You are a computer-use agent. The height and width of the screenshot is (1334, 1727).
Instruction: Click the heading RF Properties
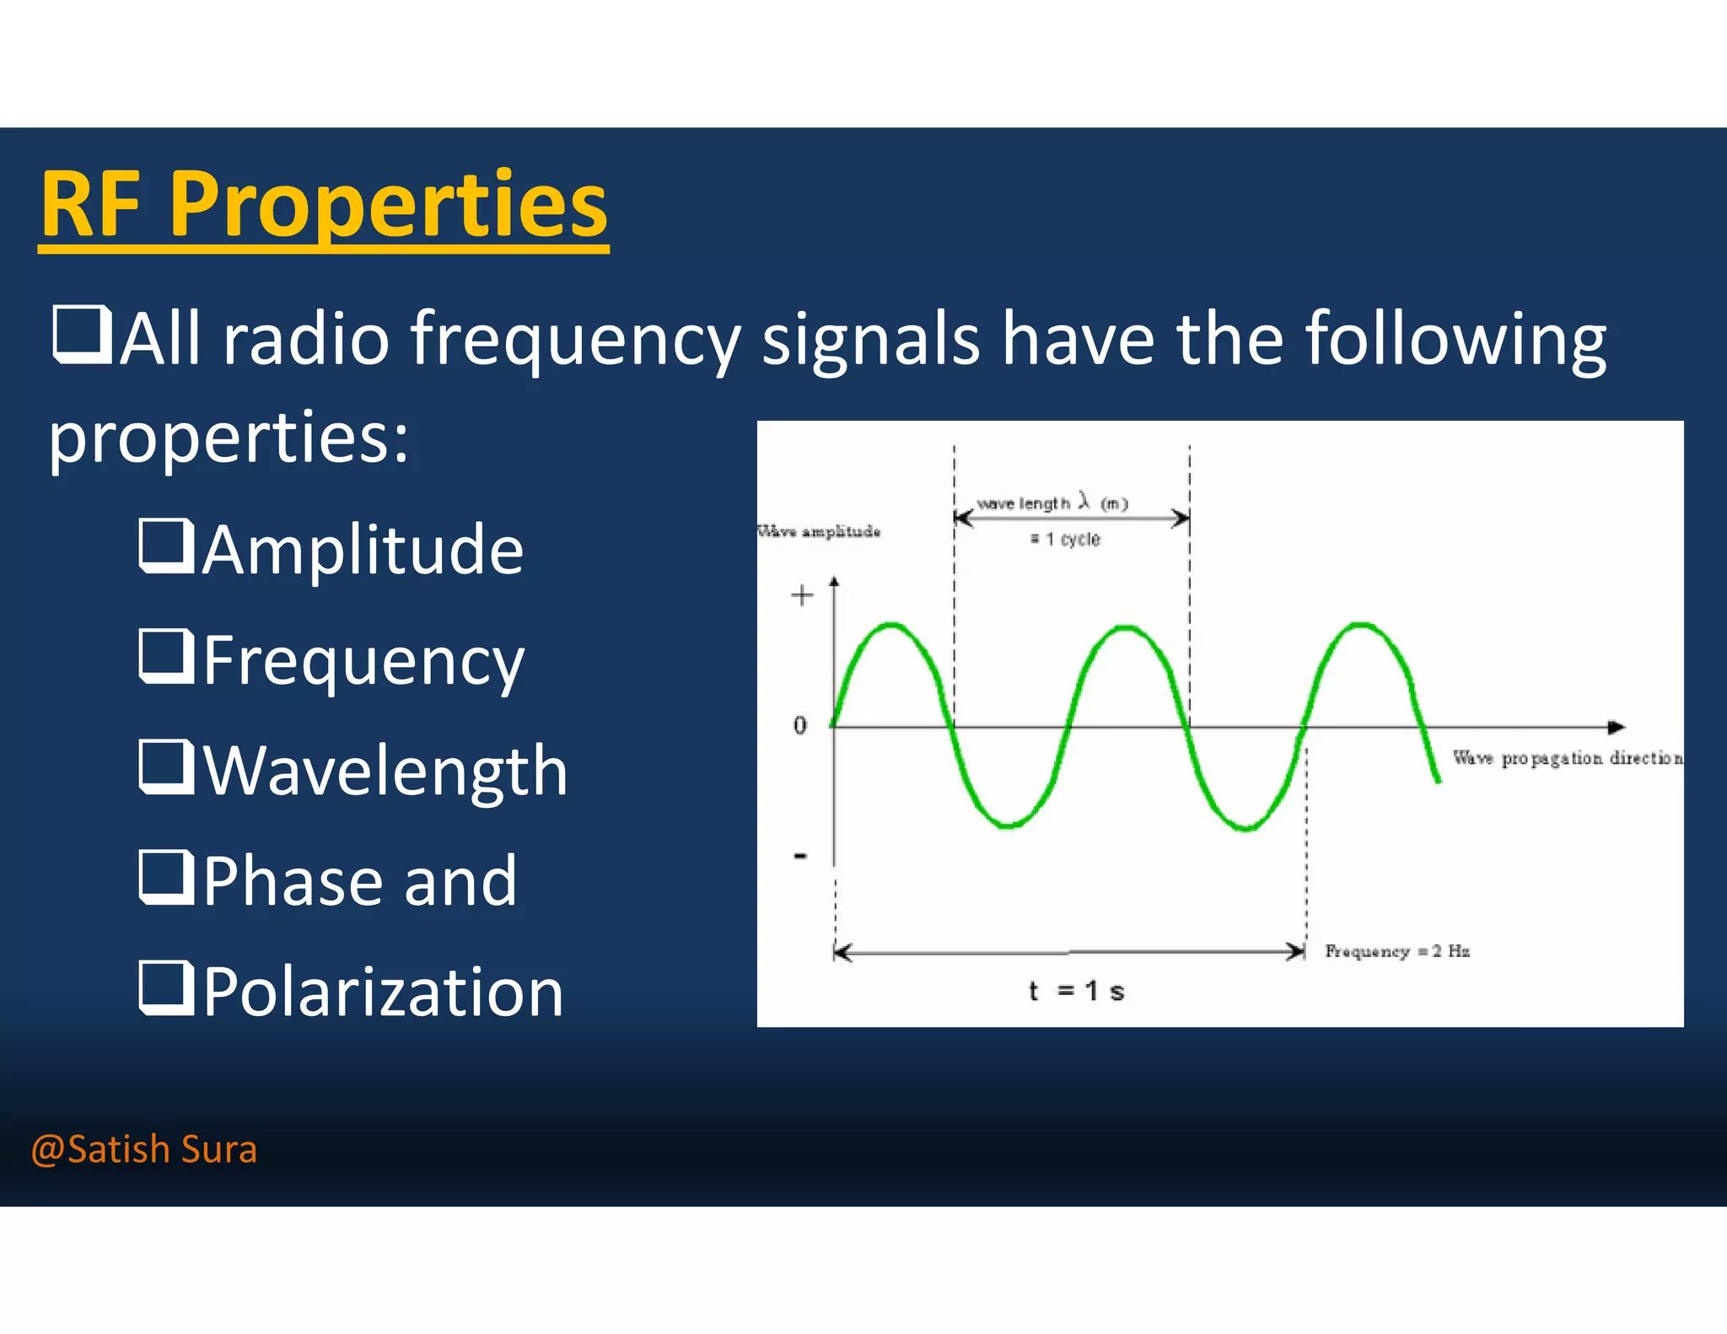pos(324,205)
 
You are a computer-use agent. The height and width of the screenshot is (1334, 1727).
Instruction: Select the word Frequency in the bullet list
pos(363,661)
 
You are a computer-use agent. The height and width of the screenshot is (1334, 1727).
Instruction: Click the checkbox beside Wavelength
pos(166,767)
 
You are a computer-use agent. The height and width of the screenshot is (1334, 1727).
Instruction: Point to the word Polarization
pos(383,992)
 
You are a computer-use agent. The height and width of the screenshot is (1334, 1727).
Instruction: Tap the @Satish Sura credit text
pos(143,1149)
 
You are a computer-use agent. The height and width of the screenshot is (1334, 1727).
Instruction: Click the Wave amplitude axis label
pos(819,531)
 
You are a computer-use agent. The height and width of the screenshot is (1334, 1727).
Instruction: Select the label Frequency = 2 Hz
pos(1397,951)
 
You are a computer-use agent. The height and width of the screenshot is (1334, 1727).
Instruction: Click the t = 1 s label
pos(1077,991)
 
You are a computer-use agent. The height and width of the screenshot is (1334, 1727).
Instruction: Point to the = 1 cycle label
pos(1065,540)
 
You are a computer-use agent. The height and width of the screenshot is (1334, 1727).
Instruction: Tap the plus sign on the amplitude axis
pos(802,596)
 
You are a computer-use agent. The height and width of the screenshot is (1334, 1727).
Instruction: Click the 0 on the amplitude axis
pos(799,725)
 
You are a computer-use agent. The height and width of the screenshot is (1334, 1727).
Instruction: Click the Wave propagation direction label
pos(1567,758)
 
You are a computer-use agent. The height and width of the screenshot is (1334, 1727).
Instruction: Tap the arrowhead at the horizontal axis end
pos(1616,727)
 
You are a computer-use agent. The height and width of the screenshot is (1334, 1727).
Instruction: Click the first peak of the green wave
pos(892,626)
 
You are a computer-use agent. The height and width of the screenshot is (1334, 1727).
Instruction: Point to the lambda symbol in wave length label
pos(1084,501)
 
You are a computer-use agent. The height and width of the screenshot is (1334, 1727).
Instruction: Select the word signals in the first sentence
pos(870,339)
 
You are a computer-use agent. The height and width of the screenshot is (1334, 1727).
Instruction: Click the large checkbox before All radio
pos(82,336)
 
